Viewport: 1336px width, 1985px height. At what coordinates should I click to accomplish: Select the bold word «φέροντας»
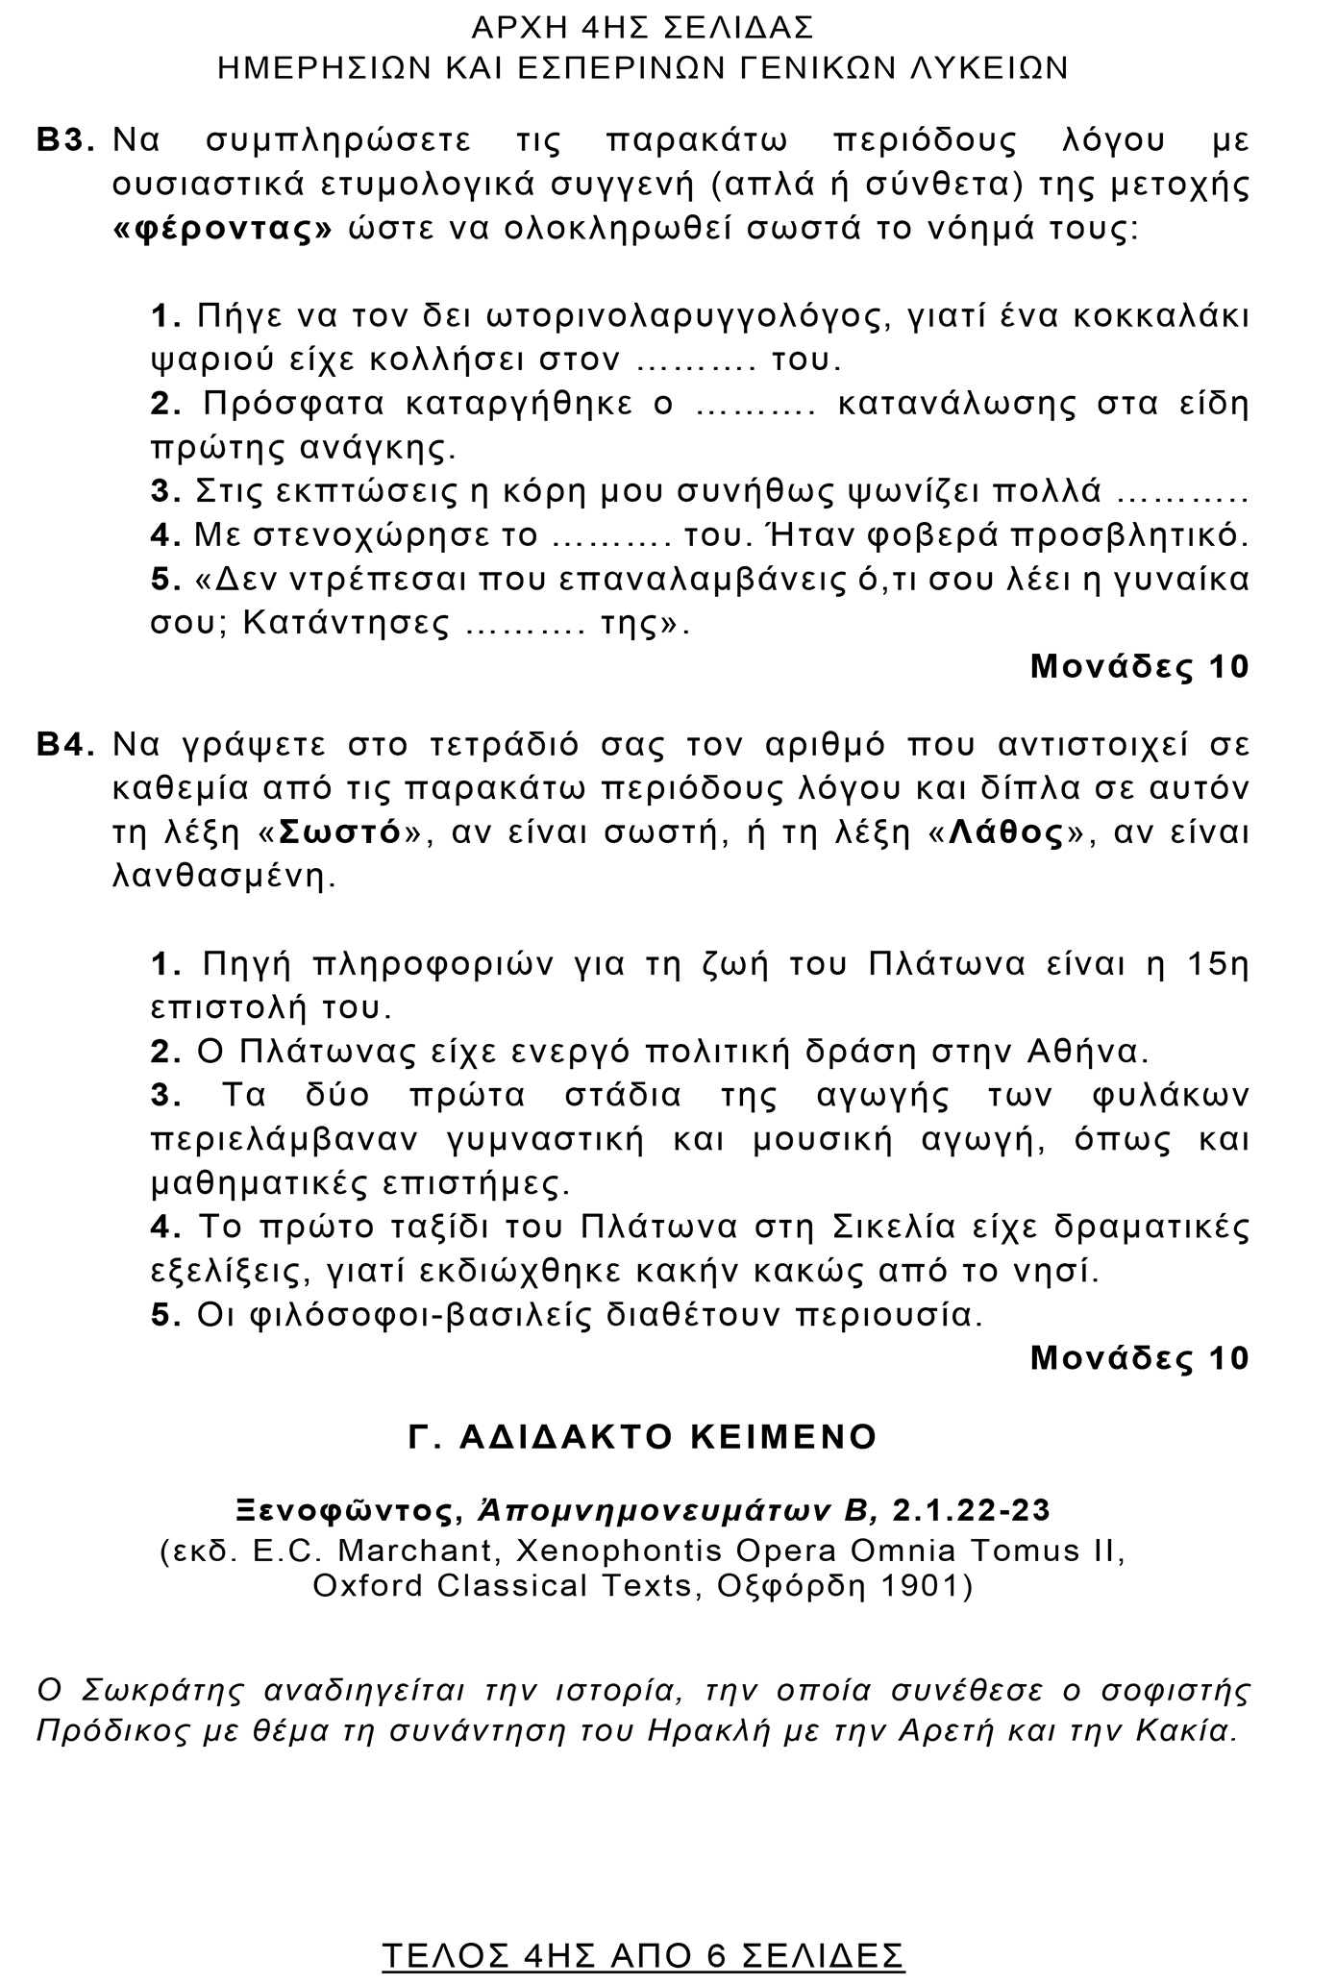(x=223, y=231)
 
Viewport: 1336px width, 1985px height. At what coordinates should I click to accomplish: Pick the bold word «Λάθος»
(x=1006, y=832)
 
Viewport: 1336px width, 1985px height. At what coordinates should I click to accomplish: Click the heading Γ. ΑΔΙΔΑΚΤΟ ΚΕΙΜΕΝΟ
(x=643, y=1436)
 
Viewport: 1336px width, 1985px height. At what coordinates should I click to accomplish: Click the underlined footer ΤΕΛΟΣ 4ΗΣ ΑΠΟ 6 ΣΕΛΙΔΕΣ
(x=643, y=1953)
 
